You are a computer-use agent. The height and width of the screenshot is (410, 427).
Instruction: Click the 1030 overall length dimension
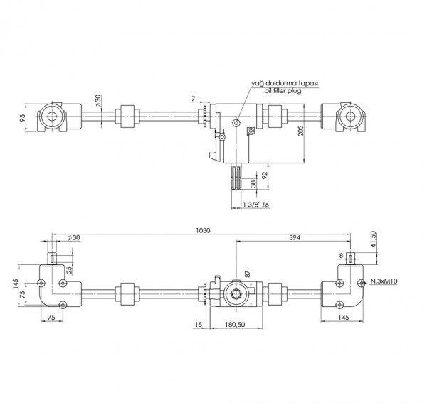tap(205, 231)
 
